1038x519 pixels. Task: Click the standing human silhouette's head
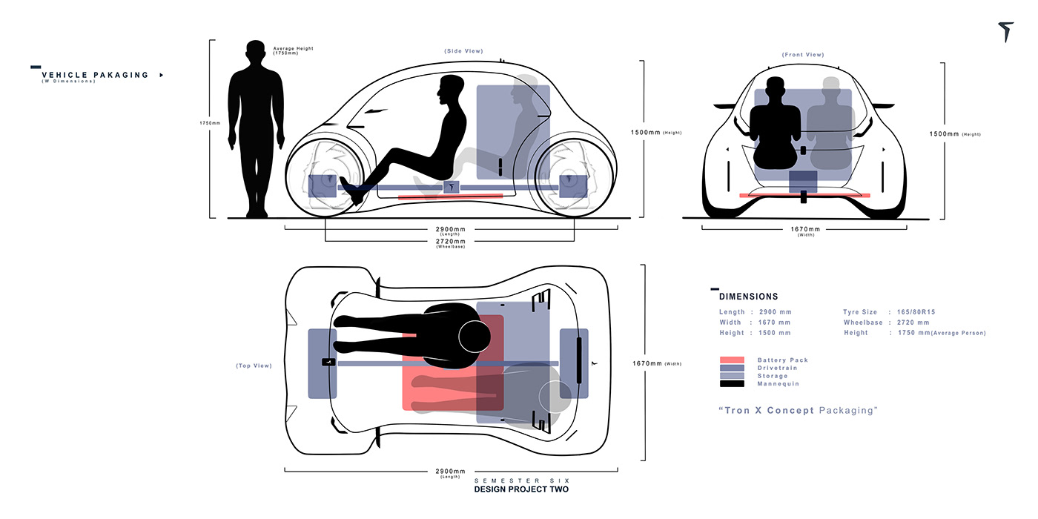tap(256, 54)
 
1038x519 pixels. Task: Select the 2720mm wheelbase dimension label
tap(450, 241)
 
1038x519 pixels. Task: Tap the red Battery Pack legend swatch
tap(731, 360)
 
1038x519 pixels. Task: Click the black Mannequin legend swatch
tap(731, 384)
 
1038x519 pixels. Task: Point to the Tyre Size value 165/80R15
tap(919, 312)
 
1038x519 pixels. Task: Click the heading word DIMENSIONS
tap(749, 297)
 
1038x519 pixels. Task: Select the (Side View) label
tap(463, 51)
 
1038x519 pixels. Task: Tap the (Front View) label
tap(802, 55)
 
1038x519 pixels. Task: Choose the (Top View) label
tap(254, 366)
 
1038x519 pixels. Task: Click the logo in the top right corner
tap(1005, 32)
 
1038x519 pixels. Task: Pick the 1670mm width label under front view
tap(805, 229)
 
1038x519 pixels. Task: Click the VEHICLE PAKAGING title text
tap(95, 75)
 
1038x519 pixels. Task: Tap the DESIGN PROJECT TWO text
tap(522, 490)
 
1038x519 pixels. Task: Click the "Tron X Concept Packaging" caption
tap(798, 410)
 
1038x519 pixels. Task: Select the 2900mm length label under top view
tap(450, 471)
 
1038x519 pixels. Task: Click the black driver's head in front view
tap(775, 88)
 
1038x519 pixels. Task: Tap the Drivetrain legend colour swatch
tap(731, 368)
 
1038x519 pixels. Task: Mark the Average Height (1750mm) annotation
tap(293, 50)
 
